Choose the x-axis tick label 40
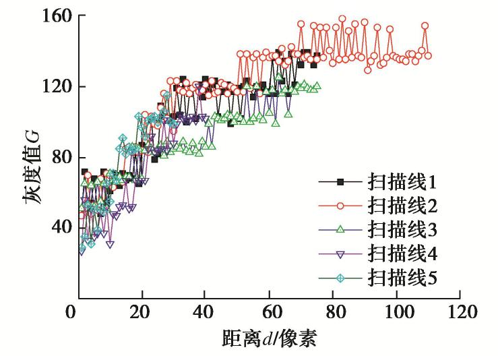pos(206,313)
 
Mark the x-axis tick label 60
pos(270,313)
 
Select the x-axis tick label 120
pos(460,313)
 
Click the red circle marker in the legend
pos(340,205)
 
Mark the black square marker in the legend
pos(340,181)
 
